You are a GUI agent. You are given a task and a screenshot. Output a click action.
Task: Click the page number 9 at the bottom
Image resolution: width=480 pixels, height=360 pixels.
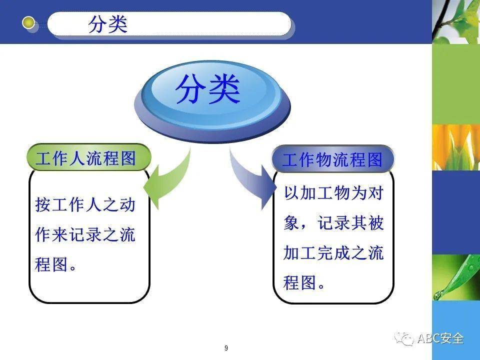pos(226,348)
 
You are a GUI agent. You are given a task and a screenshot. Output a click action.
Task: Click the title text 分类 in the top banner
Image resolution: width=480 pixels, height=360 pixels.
pos(108,24)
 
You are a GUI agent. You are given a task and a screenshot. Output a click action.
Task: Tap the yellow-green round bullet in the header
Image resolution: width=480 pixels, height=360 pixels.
pos(29,22)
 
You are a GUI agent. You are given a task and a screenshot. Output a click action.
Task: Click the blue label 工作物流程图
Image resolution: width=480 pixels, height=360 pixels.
pos(332,160)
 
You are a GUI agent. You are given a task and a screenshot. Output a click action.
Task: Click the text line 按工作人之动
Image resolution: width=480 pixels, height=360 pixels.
pos(85,205)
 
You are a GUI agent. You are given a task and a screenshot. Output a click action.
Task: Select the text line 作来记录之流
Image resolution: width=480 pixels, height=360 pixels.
pos(85,235)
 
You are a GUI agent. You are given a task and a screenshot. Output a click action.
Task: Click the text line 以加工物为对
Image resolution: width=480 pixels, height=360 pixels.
pos(333,193)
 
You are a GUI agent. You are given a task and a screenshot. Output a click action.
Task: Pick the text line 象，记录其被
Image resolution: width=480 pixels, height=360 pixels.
pos(333,223)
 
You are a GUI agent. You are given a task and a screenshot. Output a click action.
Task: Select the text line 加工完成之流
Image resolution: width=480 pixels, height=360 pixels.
pos(333,253)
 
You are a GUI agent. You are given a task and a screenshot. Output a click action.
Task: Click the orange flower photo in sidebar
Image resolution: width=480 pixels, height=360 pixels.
pos(455,147)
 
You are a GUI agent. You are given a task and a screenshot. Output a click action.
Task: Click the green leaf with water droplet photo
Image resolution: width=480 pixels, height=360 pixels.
pos(455,278)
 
